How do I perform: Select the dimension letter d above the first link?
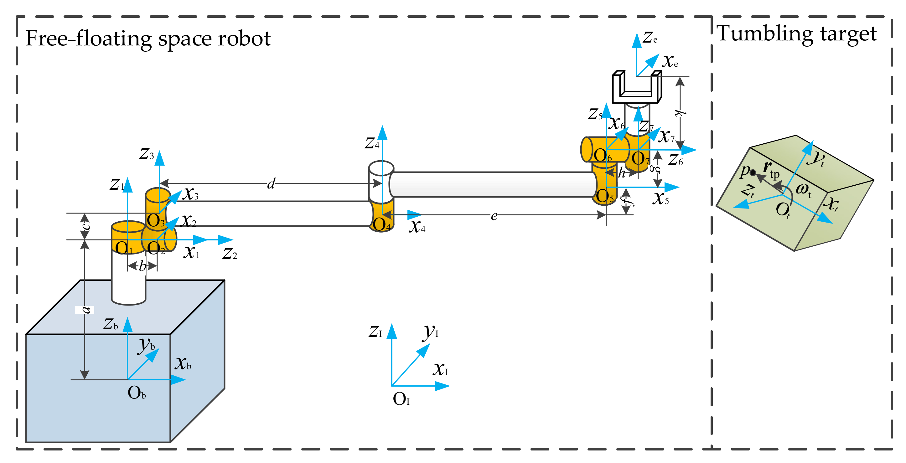271,183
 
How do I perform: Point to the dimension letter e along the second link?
494,216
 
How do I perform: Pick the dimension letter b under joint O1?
142,266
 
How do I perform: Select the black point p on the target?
753,172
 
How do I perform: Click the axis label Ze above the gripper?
650,37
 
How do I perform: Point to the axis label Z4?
372,143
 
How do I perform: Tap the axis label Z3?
147,154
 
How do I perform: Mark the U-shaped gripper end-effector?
637,87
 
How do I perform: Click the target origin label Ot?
783,211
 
